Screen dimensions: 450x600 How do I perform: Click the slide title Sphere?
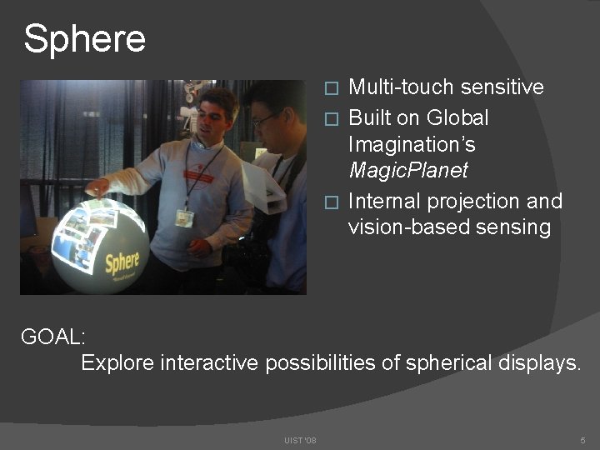point(84,38)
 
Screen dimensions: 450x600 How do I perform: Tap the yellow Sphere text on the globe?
point(122,264)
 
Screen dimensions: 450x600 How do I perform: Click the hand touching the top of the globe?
point(98,185)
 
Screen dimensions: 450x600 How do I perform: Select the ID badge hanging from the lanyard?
point(184,217)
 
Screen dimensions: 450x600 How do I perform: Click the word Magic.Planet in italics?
point(407,171)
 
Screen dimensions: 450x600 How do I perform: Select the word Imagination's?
point(412,144)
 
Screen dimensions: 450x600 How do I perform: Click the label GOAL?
point(52,337)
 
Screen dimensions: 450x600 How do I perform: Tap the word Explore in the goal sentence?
point(117,362)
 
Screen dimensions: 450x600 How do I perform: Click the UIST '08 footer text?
point(299,439)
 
